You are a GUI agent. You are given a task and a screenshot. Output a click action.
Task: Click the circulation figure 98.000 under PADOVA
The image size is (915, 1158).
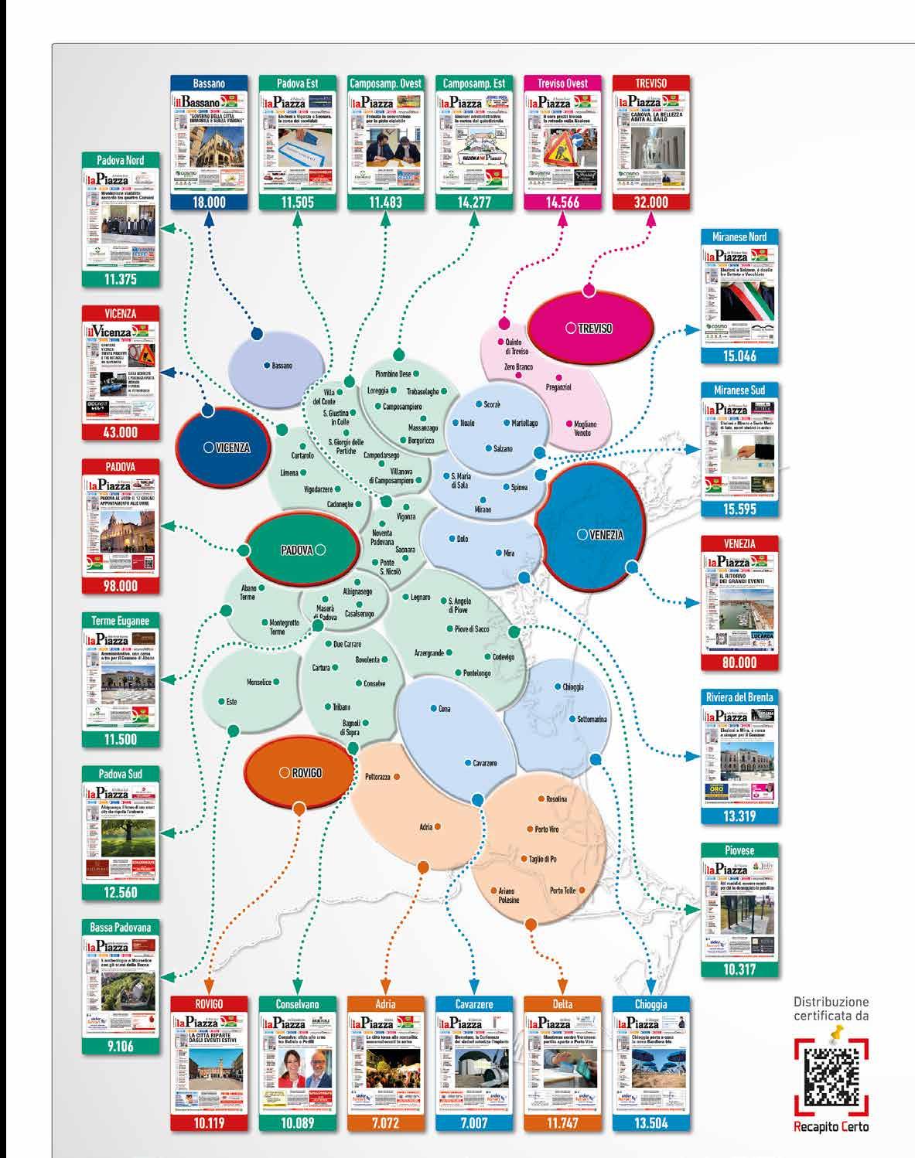tap(121, 586)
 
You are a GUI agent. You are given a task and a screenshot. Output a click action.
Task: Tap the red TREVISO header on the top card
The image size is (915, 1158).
tap(650, 83)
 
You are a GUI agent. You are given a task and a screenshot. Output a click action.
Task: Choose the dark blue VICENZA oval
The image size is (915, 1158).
tap(227, 447)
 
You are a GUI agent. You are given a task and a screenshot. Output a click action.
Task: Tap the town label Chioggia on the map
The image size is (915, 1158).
tap(572, 686)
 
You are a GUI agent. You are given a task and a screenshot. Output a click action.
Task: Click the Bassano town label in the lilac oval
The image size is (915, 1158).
tap(281, 366)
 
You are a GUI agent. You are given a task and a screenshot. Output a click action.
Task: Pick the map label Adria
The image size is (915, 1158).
tap(425, 827)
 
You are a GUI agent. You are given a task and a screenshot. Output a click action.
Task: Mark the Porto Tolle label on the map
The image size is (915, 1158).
tap(562, 891)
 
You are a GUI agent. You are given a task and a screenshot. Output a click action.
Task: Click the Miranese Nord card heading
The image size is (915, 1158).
tap(739, 237)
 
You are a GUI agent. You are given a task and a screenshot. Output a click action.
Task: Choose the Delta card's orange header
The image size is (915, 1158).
tap(562, 1004)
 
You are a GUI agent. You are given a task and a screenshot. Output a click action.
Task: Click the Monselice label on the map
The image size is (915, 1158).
tap(258, 683)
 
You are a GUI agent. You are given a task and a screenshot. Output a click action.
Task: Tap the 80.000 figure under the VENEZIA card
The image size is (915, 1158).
tap(739, 662)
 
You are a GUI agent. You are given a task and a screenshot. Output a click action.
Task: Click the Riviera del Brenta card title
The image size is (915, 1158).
tap(739, 697)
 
